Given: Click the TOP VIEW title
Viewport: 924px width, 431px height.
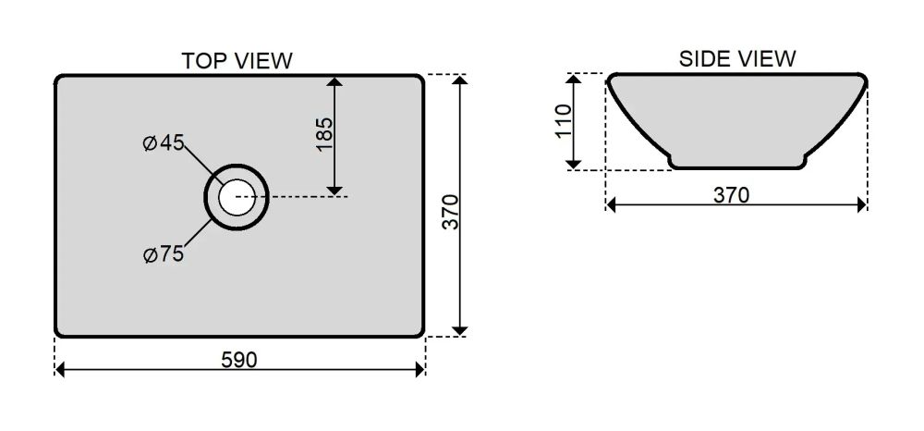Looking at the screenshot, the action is (x=237, y=61).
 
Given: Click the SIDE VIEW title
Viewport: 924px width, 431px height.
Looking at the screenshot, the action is (x=737, y=59).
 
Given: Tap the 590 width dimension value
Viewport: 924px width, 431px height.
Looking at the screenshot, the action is (x=239, y=360).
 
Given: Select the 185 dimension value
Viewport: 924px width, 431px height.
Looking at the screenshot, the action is (x=324, y=134).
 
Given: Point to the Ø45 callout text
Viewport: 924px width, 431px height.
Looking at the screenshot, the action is (x=164, y=142).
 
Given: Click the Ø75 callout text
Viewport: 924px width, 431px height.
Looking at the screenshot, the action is (x=164, y=254).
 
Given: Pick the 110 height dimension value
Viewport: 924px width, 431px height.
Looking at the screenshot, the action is (x=564, y=121).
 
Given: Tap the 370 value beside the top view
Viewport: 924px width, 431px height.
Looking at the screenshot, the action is (x=450, y=212).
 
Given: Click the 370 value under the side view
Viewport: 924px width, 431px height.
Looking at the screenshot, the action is (x=731, y=194).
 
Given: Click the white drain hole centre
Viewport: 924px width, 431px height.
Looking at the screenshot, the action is (x=237, y=196).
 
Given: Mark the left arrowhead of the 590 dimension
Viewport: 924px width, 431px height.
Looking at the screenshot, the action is (x=59, y=370).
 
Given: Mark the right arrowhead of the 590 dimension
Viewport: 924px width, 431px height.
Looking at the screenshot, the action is (x=420, y=370).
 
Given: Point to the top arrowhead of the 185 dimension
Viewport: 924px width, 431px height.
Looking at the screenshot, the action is (x=334, y=81).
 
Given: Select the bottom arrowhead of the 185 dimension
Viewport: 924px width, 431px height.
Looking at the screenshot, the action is (x=334, y=190).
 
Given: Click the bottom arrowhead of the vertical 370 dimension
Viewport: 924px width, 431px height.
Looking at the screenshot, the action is (x=460, y=331).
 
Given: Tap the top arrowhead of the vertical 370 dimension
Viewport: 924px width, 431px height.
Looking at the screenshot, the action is (x=460, y=80).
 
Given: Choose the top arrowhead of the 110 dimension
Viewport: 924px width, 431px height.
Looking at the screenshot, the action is (x=574, y=79).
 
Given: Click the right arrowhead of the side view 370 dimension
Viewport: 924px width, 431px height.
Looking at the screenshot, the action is (x=862, y=204).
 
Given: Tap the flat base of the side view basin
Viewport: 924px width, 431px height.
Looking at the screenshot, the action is (x=738, y=168).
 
